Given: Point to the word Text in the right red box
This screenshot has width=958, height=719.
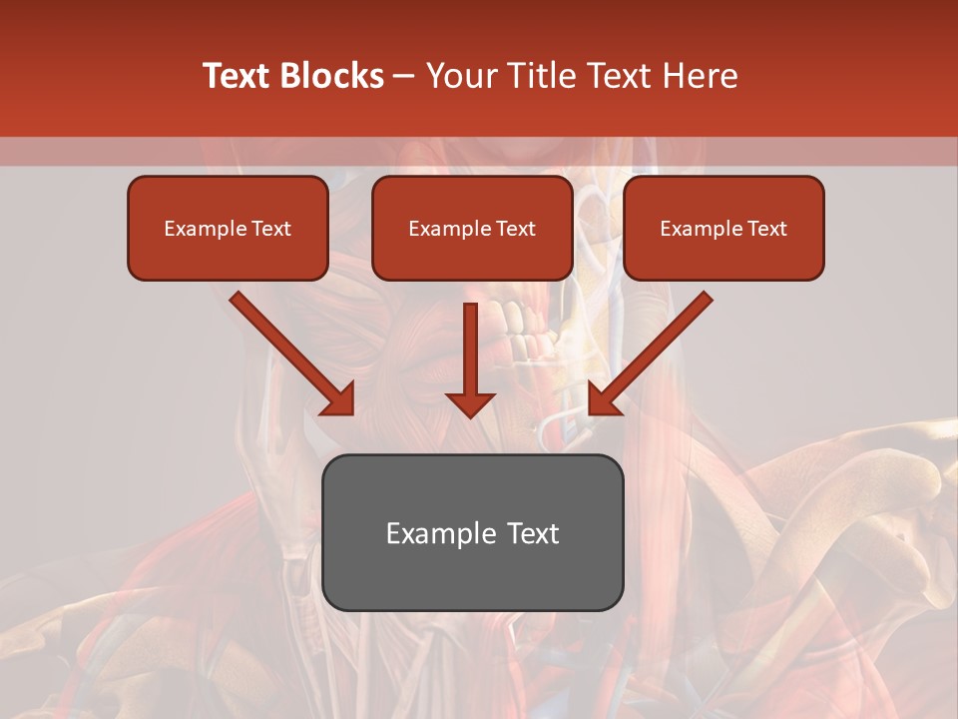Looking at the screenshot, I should tap(766, 229).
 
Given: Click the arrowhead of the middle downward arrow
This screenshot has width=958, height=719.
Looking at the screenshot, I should tap(470, 403).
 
